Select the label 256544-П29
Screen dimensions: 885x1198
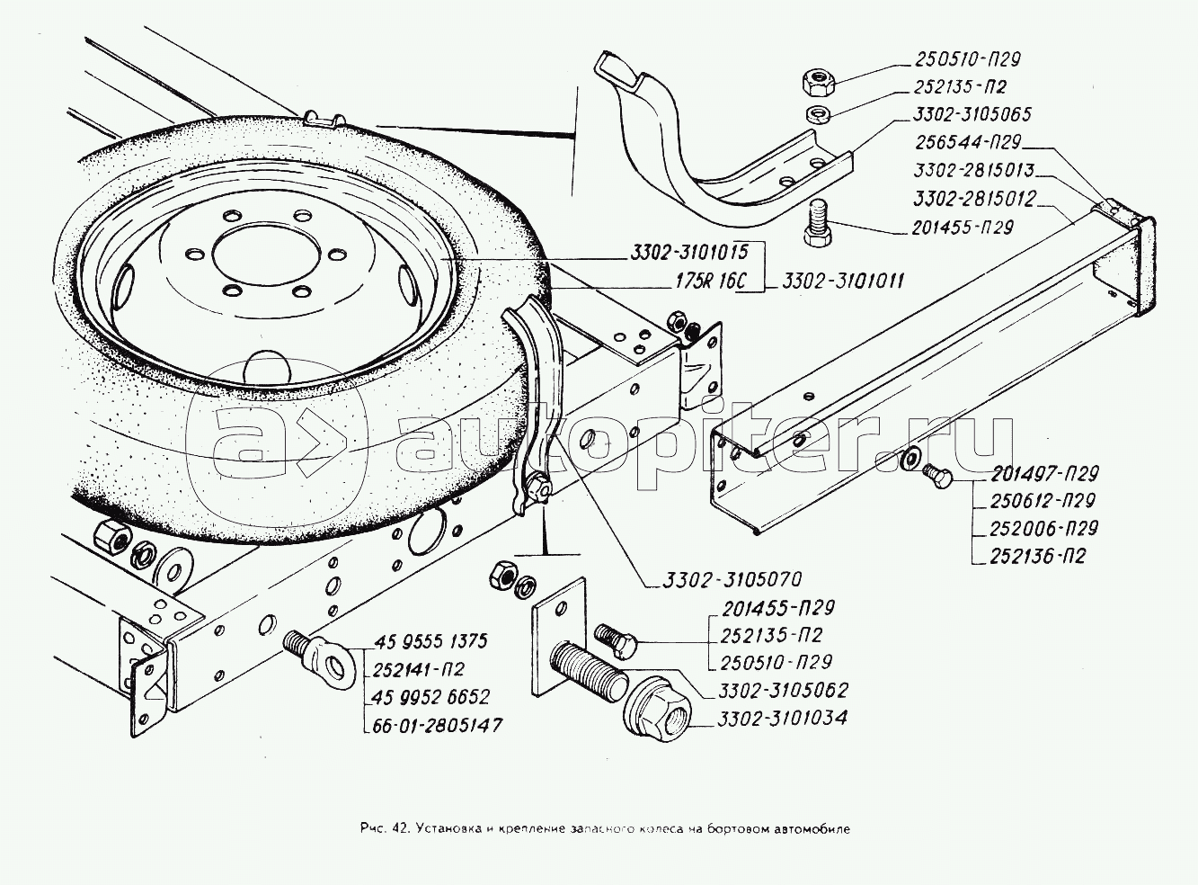click(x=972, y=142)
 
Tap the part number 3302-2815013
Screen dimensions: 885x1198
click(x=975, y=169)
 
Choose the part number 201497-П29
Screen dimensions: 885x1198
click(x=1046, y=474)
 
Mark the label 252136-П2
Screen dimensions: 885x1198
click(x=1039, y=556)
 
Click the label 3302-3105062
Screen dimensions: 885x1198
click(x=783, y=691)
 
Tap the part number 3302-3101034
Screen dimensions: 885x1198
click(x=782, y=719)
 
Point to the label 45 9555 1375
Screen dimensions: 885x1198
click(x=429, y=641)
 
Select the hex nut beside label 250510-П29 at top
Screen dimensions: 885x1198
click(x=813, y=85)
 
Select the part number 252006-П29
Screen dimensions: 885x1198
click(x=1045, y=529)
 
